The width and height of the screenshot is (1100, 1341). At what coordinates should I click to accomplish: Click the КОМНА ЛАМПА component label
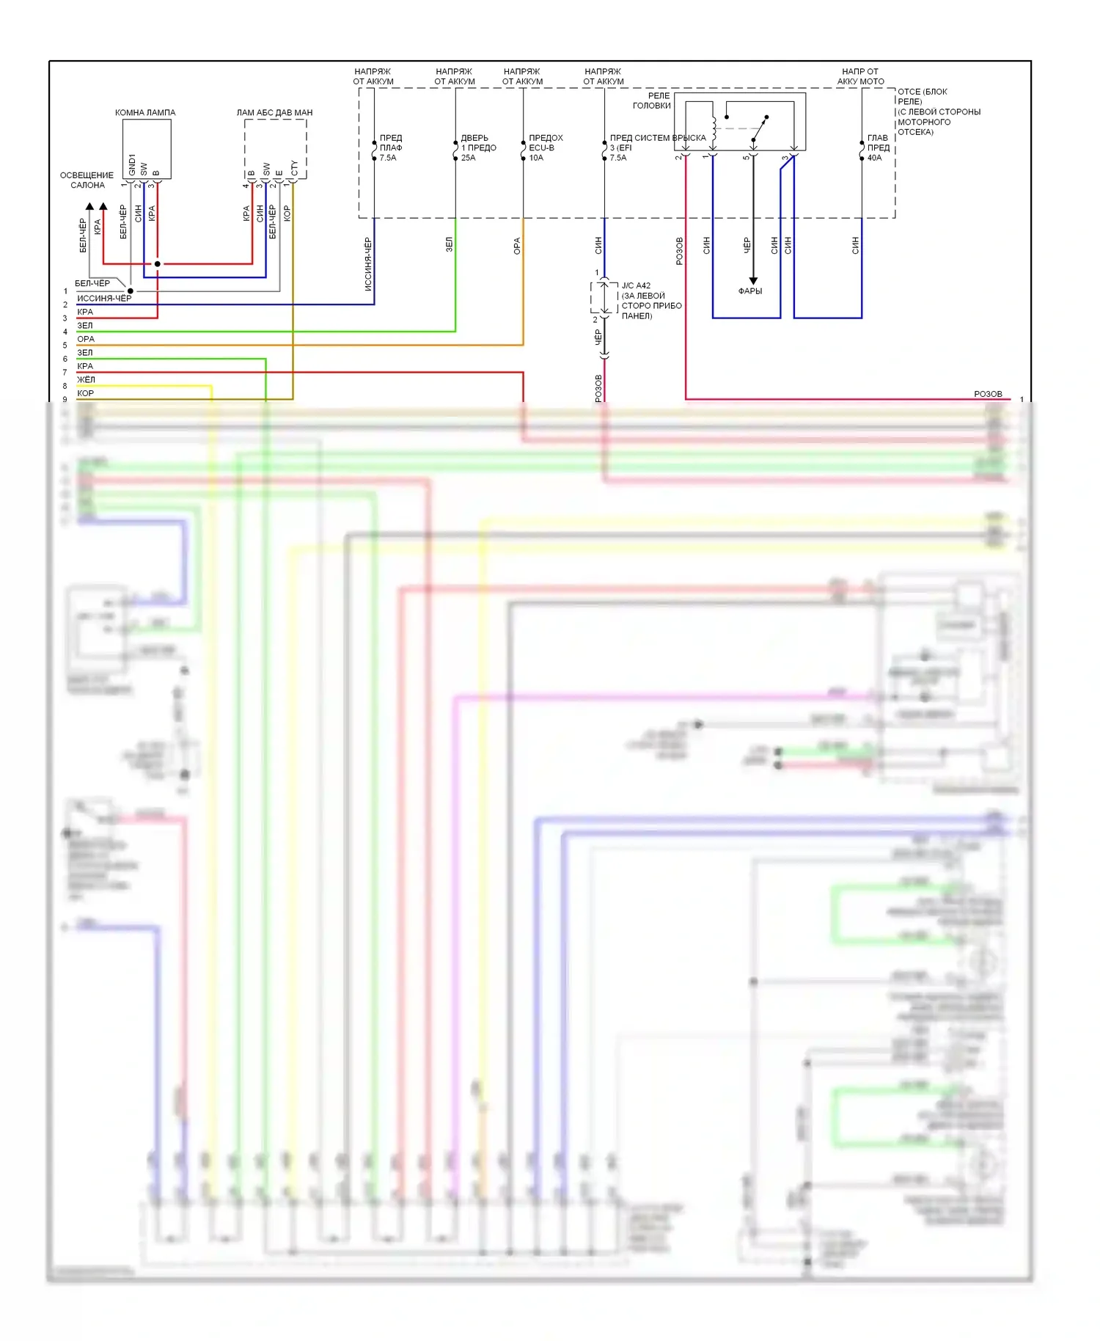point(145,112)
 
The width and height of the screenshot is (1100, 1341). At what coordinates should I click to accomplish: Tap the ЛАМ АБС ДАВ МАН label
point(274,112)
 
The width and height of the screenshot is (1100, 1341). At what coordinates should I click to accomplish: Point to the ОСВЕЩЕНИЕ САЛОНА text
point(87,180)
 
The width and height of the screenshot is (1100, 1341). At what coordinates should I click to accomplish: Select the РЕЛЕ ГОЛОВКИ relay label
point(652,101)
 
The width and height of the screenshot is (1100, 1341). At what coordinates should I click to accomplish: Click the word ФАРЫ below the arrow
point(749,291)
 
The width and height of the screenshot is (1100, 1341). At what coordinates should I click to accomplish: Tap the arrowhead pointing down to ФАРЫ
point(752,281)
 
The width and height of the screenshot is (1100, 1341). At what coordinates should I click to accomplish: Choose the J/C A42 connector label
point(636,285)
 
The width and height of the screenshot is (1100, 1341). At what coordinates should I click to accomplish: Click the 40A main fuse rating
point(874,158)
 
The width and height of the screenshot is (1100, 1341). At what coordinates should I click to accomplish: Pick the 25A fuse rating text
point(468,158)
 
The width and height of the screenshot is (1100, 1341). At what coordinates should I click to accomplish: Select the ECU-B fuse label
point(542,147)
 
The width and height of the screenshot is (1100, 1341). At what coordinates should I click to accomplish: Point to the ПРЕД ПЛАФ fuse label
point(391,142)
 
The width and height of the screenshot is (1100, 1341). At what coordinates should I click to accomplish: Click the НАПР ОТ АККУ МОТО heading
point(860,76)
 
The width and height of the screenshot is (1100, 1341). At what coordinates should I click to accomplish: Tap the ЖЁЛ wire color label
point(86,379)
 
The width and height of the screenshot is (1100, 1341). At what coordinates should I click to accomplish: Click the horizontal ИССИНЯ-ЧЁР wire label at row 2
point(104,298)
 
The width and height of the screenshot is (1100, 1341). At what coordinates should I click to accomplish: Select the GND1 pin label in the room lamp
point(132,164)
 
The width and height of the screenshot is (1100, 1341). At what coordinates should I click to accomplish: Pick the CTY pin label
point(294,168)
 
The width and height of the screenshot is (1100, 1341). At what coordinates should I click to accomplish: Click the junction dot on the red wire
point(157,263)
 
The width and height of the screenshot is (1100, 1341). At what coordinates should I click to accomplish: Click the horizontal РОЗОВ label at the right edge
point(988,394)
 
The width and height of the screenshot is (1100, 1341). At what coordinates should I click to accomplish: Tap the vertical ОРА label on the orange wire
point(516,246)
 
